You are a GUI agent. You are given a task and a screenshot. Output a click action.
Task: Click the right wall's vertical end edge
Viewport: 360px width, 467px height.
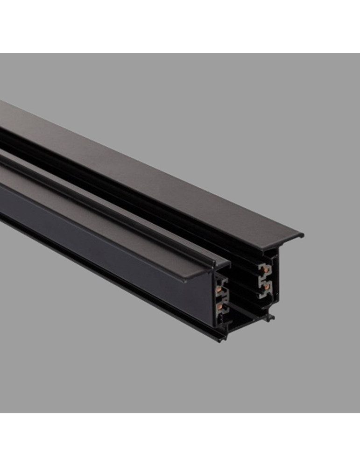point(277,280)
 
